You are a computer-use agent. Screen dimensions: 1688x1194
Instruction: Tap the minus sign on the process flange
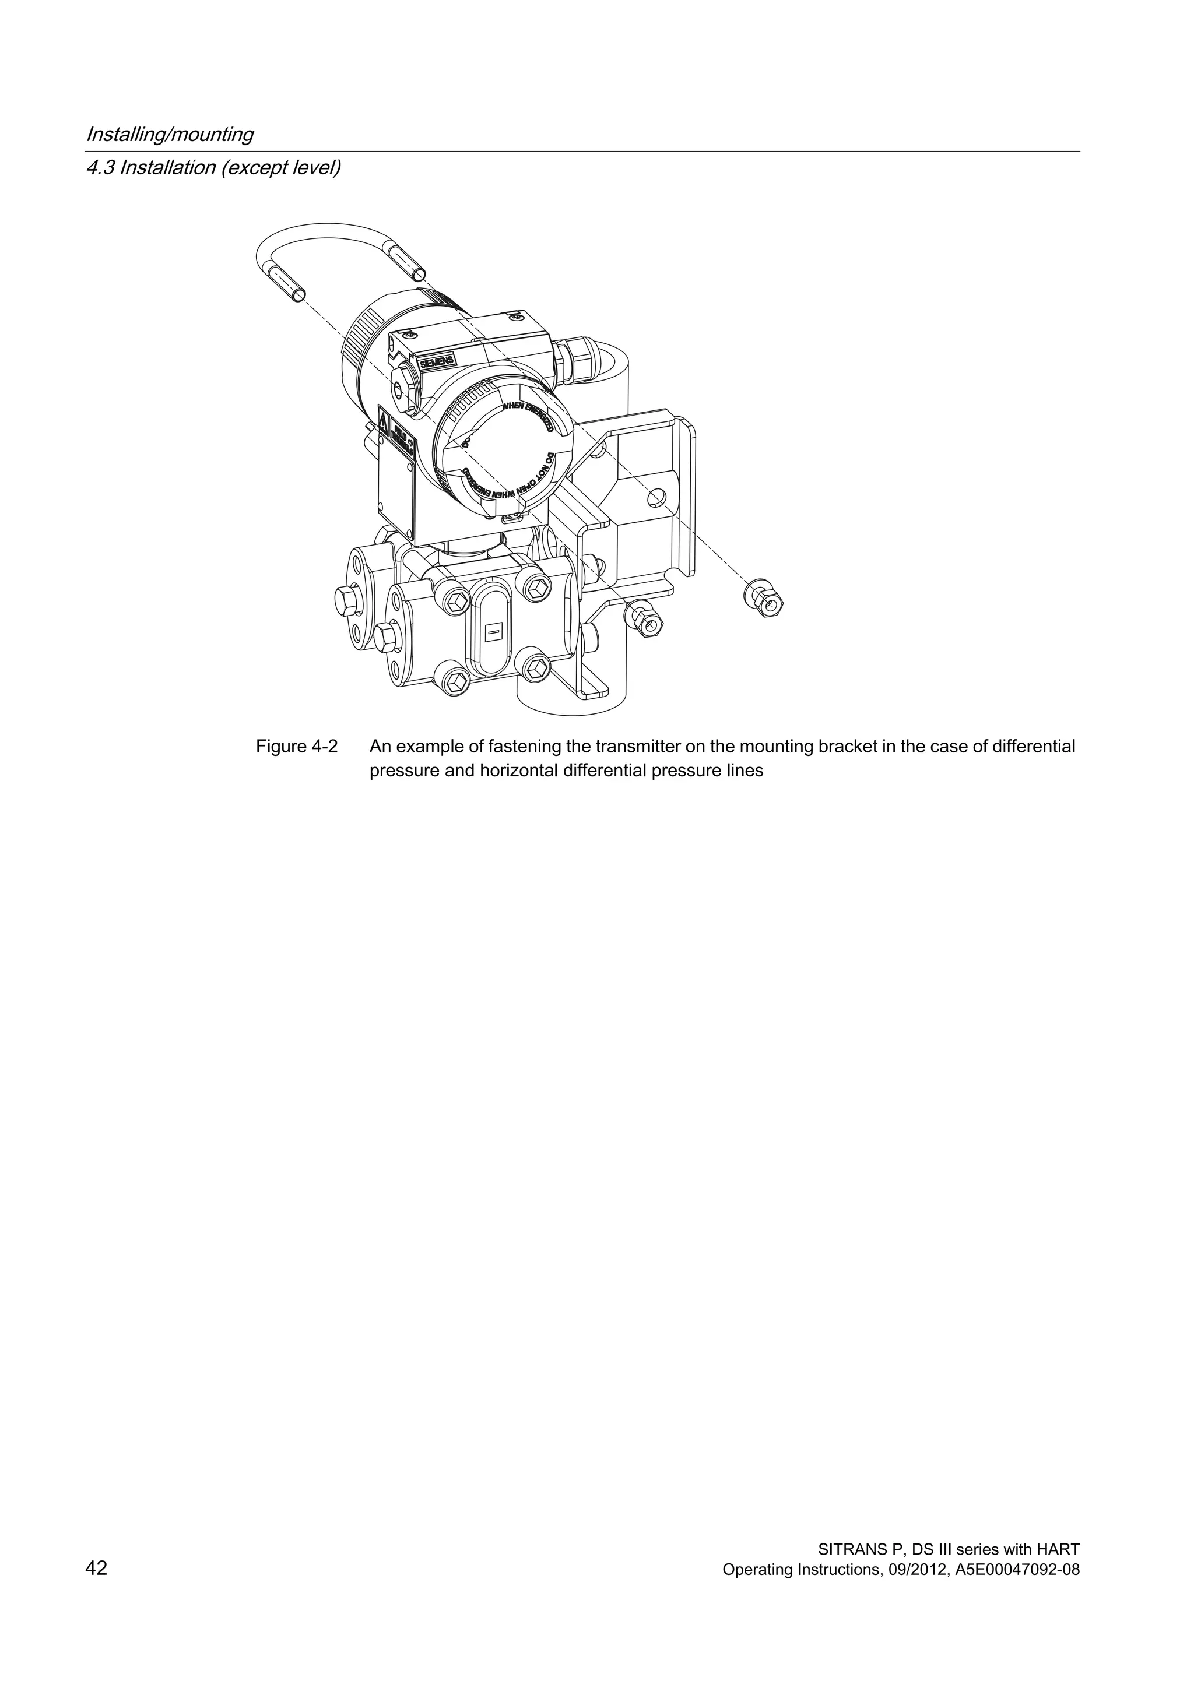point(493,630)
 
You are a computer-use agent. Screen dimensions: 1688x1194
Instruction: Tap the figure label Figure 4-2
point(296,747)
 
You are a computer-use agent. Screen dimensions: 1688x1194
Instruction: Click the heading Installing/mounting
point(170,135)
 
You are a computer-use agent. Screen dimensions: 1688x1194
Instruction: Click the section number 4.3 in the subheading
point(100,168)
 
